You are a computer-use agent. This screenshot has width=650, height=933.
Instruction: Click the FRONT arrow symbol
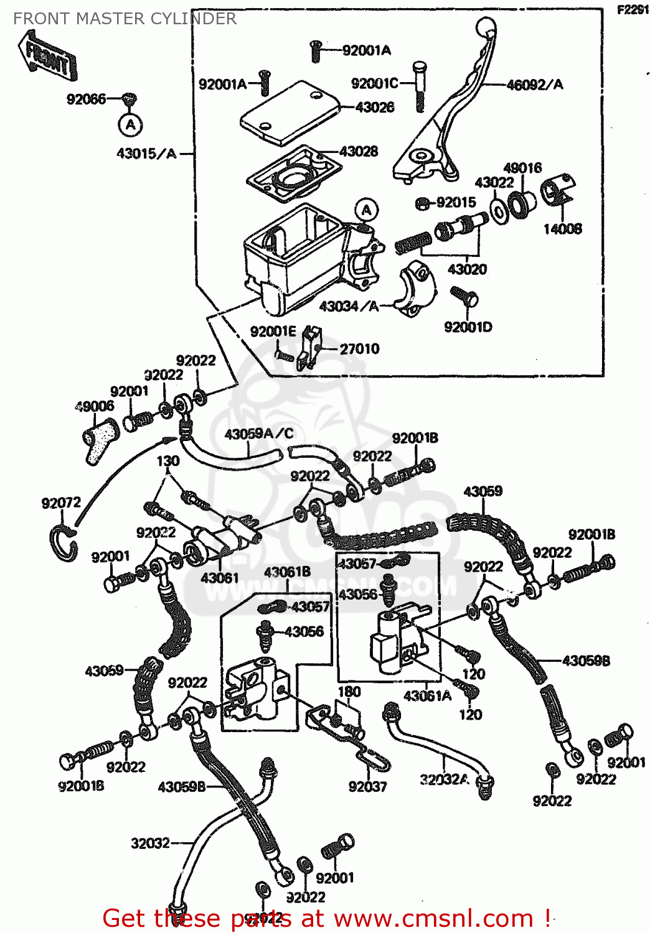tap(47, 57)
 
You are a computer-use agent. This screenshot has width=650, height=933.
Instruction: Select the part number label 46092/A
tap(534, 85)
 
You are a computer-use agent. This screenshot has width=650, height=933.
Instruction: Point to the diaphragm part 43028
tap(294, 172)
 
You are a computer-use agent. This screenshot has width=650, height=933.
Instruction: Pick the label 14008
tap(562, 229)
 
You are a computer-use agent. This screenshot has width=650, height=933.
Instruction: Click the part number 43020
tap(467, 269)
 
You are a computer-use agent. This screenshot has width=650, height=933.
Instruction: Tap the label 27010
tap(359, 349)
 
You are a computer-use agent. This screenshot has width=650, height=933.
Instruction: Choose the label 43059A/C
tap(258, 434)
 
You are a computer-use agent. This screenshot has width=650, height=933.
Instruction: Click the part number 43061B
tap(287, 572)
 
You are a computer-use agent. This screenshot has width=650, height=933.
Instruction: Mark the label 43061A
tap(427, 696)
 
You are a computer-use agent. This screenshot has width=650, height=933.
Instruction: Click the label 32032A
tap(444, 779)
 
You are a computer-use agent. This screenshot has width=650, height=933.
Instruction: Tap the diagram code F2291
tap(633, 10)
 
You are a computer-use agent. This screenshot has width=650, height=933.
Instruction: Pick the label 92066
tap(87, 99)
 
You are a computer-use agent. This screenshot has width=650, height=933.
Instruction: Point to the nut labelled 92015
tap(421, 203)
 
